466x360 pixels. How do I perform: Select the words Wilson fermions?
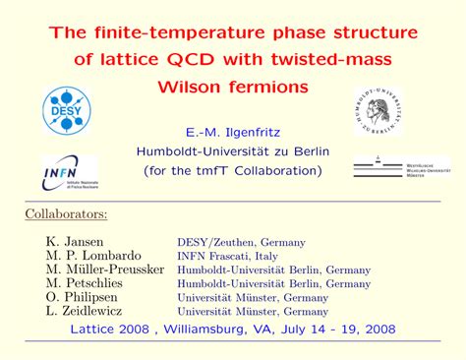point(233,88)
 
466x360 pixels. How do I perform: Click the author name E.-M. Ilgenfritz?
point(233,131)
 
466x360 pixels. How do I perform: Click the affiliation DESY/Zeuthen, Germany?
point(241,242)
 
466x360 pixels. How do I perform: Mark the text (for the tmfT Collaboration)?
point(232,170)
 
